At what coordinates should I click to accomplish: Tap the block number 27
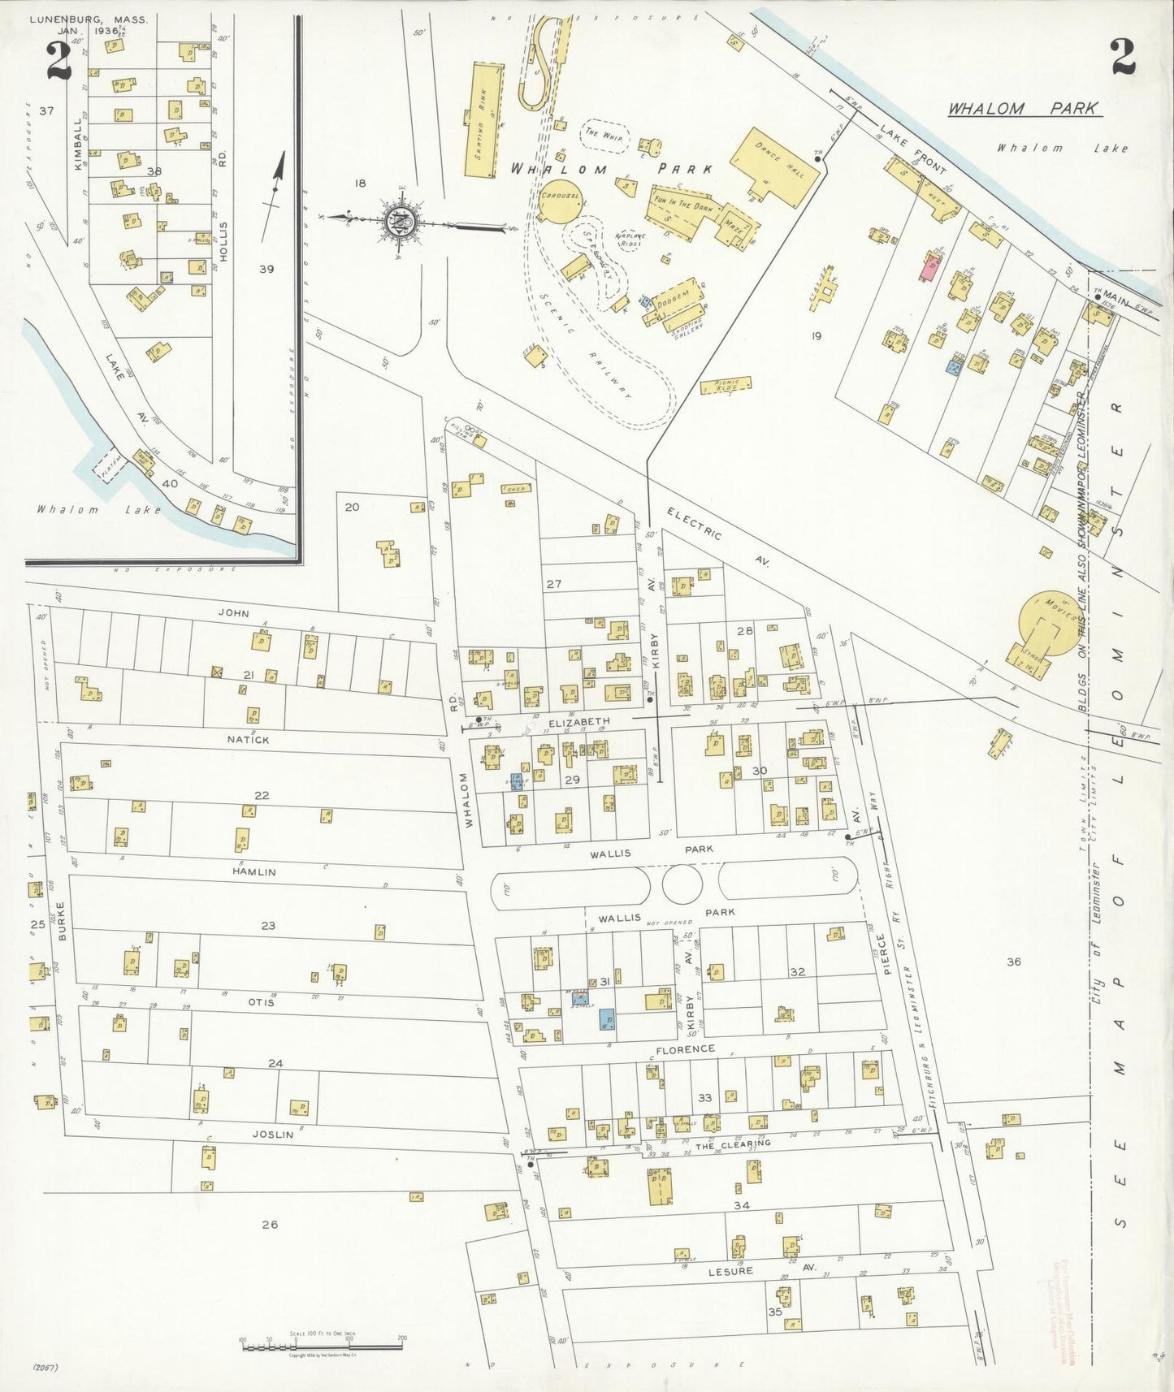[554, 584]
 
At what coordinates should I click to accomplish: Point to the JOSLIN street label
[272, 1135]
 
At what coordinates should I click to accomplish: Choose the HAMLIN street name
[253, 871]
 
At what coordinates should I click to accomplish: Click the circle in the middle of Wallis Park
[682, 884]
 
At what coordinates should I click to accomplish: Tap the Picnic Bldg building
[725, 387]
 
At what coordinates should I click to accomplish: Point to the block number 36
[1013, 962]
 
